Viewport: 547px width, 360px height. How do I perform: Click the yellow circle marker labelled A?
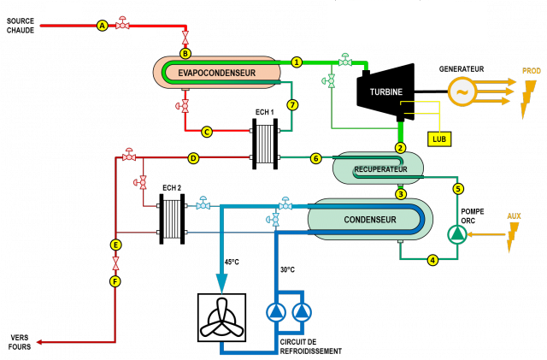(103, 26)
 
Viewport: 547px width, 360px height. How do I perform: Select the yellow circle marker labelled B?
(185, 54)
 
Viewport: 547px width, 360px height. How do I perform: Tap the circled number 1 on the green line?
(297, 62)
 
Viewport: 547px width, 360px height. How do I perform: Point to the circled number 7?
(292, 105)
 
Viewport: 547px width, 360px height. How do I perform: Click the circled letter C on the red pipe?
(207, 132)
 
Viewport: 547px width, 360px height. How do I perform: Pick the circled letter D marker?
(193, 158)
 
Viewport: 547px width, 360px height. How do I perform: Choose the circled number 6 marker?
(315, 158)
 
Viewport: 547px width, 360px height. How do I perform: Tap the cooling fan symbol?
(221, 318)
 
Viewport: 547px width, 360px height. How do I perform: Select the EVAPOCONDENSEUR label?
(217, 74)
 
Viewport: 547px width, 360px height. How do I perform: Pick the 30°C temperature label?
(287, 270)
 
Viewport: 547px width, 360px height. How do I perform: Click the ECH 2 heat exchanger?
(174, 217)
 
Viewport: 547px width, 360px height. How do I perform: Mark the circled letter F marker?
(115, 280)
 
